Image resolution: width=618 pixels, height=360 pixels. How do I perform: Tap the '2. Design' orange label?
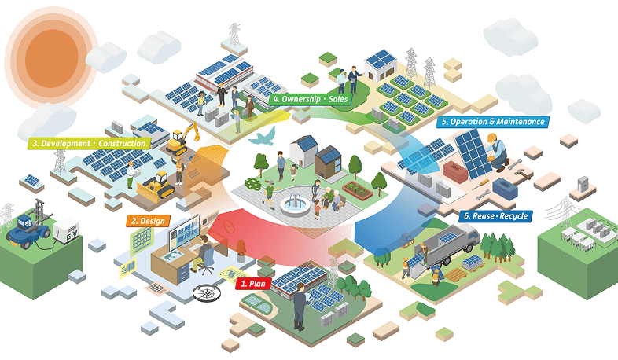[147, 221]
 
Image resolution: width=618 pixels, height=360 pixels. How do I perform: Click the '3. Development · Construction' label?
[89, 144]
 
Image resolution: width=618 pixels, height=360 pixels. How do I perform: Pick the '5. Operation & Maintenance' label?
[492, 122]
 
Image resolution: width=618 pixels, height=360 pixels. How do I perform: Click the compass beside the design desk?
[206, 292]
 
